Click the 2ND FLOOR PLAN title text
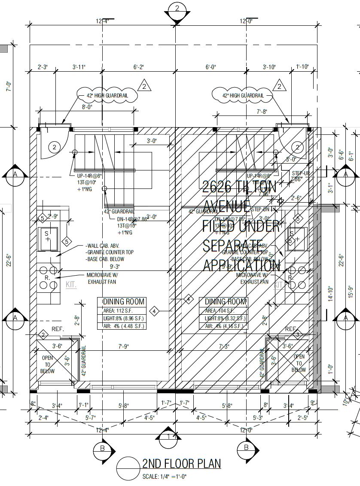pos(181,463)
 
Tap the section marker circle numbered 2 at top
pos(177,9)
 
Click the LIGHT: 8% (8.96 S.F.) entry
pos(124,319)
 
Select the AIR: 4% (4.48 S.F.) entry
pos(124,326)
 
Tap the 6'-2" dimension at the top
pos(138,67)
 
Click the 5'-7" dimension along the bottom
pos(91,417)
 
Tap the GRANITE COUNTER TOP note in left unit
pos(110,252)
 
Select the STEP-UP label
pos(300,173)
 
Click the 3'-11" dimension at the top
pos(79,67)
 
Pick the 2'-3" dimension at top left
pos(43,67)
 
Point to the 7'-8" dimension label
pos(262,112)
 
